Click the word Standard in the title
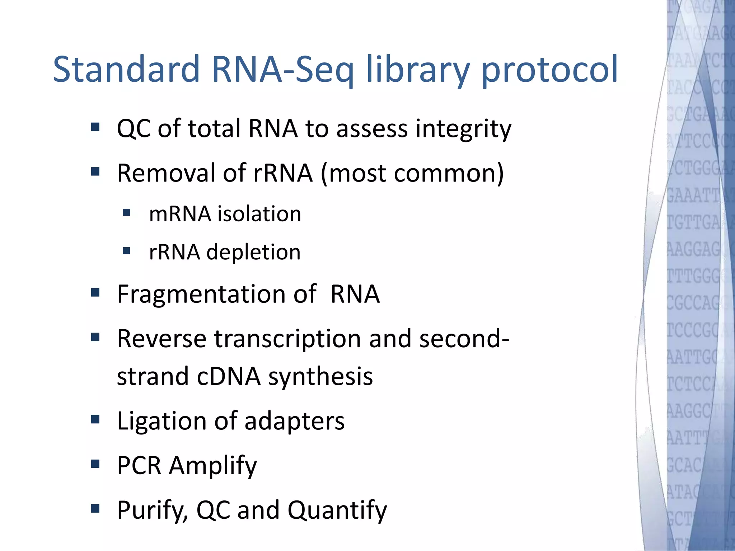pos(126,69)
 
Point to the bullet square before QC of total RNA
pos(95,127)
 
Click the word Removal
pos(166,173)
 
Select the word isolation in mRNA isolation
pos(259,214)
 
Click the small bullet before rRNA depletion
pos(126,250)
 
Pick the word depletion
pos(253,252)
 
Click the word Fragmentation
pos(217,295)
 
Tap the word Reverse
pos(161,339)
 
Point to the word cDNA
pos(228,377)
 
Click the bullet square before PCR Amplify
pos(95,464)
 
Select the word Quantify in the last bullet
pos(337,510)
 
